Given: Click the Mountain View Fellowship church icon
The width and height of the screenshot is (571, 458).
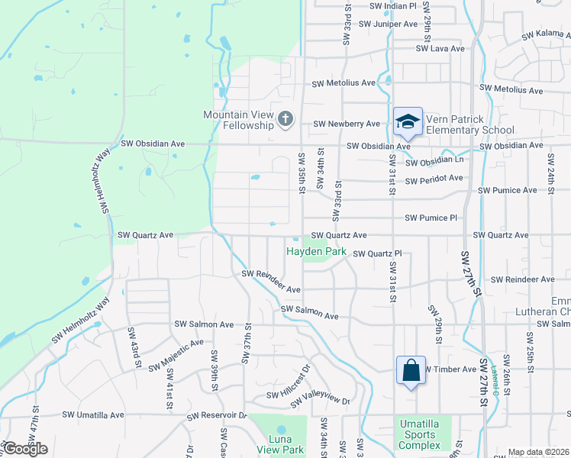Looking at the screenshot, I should coord(285,118).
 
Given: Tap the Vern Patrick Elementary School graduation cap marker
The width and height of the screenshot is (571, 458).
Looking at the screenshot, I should coord(408,121).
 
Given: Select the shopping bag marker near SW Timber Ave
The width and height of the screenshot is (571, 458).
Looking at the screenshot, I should coord(411,371).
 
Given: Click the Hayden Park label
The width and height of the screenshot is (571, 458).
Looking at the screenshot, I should coord(316,251).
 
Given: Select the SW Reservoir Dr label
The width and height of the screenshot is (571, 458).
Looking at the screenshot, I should coord(218,416).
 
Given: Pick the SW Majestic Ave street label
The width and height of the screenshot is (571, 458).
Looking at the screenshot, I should coord(176,355).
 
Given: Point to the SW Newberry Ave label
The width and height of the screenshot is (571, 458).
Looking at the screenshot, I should coord(347,124).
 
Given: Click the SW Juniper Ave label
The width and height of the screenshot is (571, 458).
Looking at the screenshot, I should coord(389,24).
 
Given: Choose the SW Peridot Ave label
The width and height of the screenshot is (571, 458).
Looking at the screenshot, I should coord(434,179).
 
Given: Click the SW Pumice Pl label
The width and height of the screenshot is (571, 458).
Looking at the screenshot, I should coord(431,218).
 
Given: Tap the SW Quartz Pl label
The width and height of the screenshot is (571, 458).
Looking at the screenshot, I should coord(377,253).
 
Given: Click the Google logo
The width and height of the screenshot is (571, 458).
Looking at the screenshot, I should coord(25,449).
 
